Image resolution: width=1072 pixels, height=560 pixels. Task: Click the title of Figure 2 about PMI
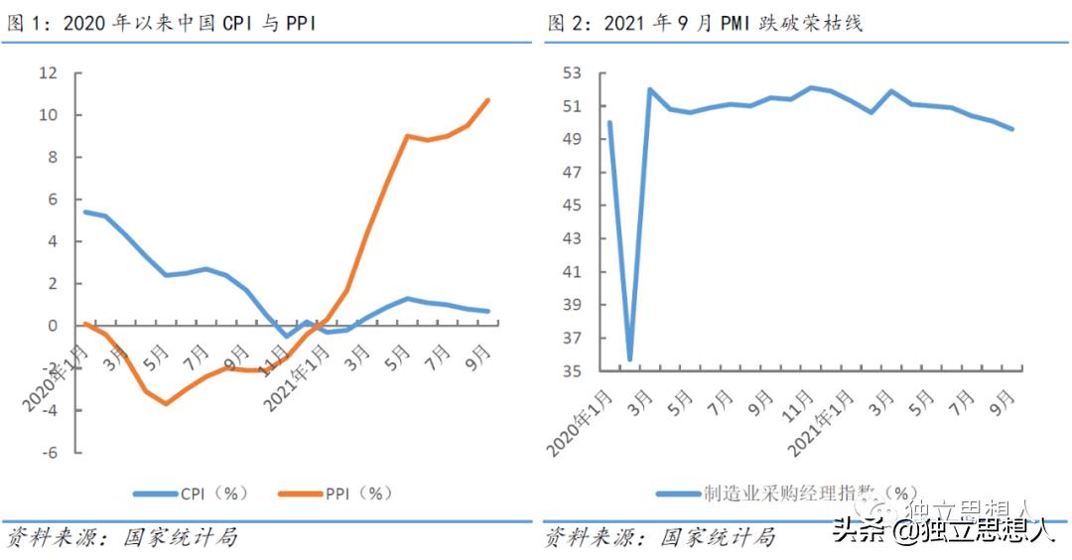[x=705, y=23]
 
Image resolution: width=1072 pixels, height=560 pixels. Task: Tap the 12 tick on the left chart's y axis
[x=48, y=73]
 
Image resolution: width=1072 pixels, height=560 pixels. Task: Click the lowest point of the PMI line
[x=629, y=359]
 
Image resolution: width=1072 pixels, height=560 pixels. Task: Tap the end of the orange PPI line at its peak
[x=487, y=99]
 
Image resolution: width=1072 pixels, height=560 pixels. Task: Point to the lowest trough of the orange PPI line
[x=166, y=403]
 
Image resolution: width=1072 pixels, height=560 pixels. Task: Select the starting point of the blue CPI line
[x=84, y=211]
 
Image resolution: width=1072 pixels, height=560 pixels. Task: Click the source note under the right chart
[x=659, y=538]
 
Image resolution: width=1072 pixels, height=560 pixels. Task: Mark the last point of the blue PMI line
[x=1011, y=129]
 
